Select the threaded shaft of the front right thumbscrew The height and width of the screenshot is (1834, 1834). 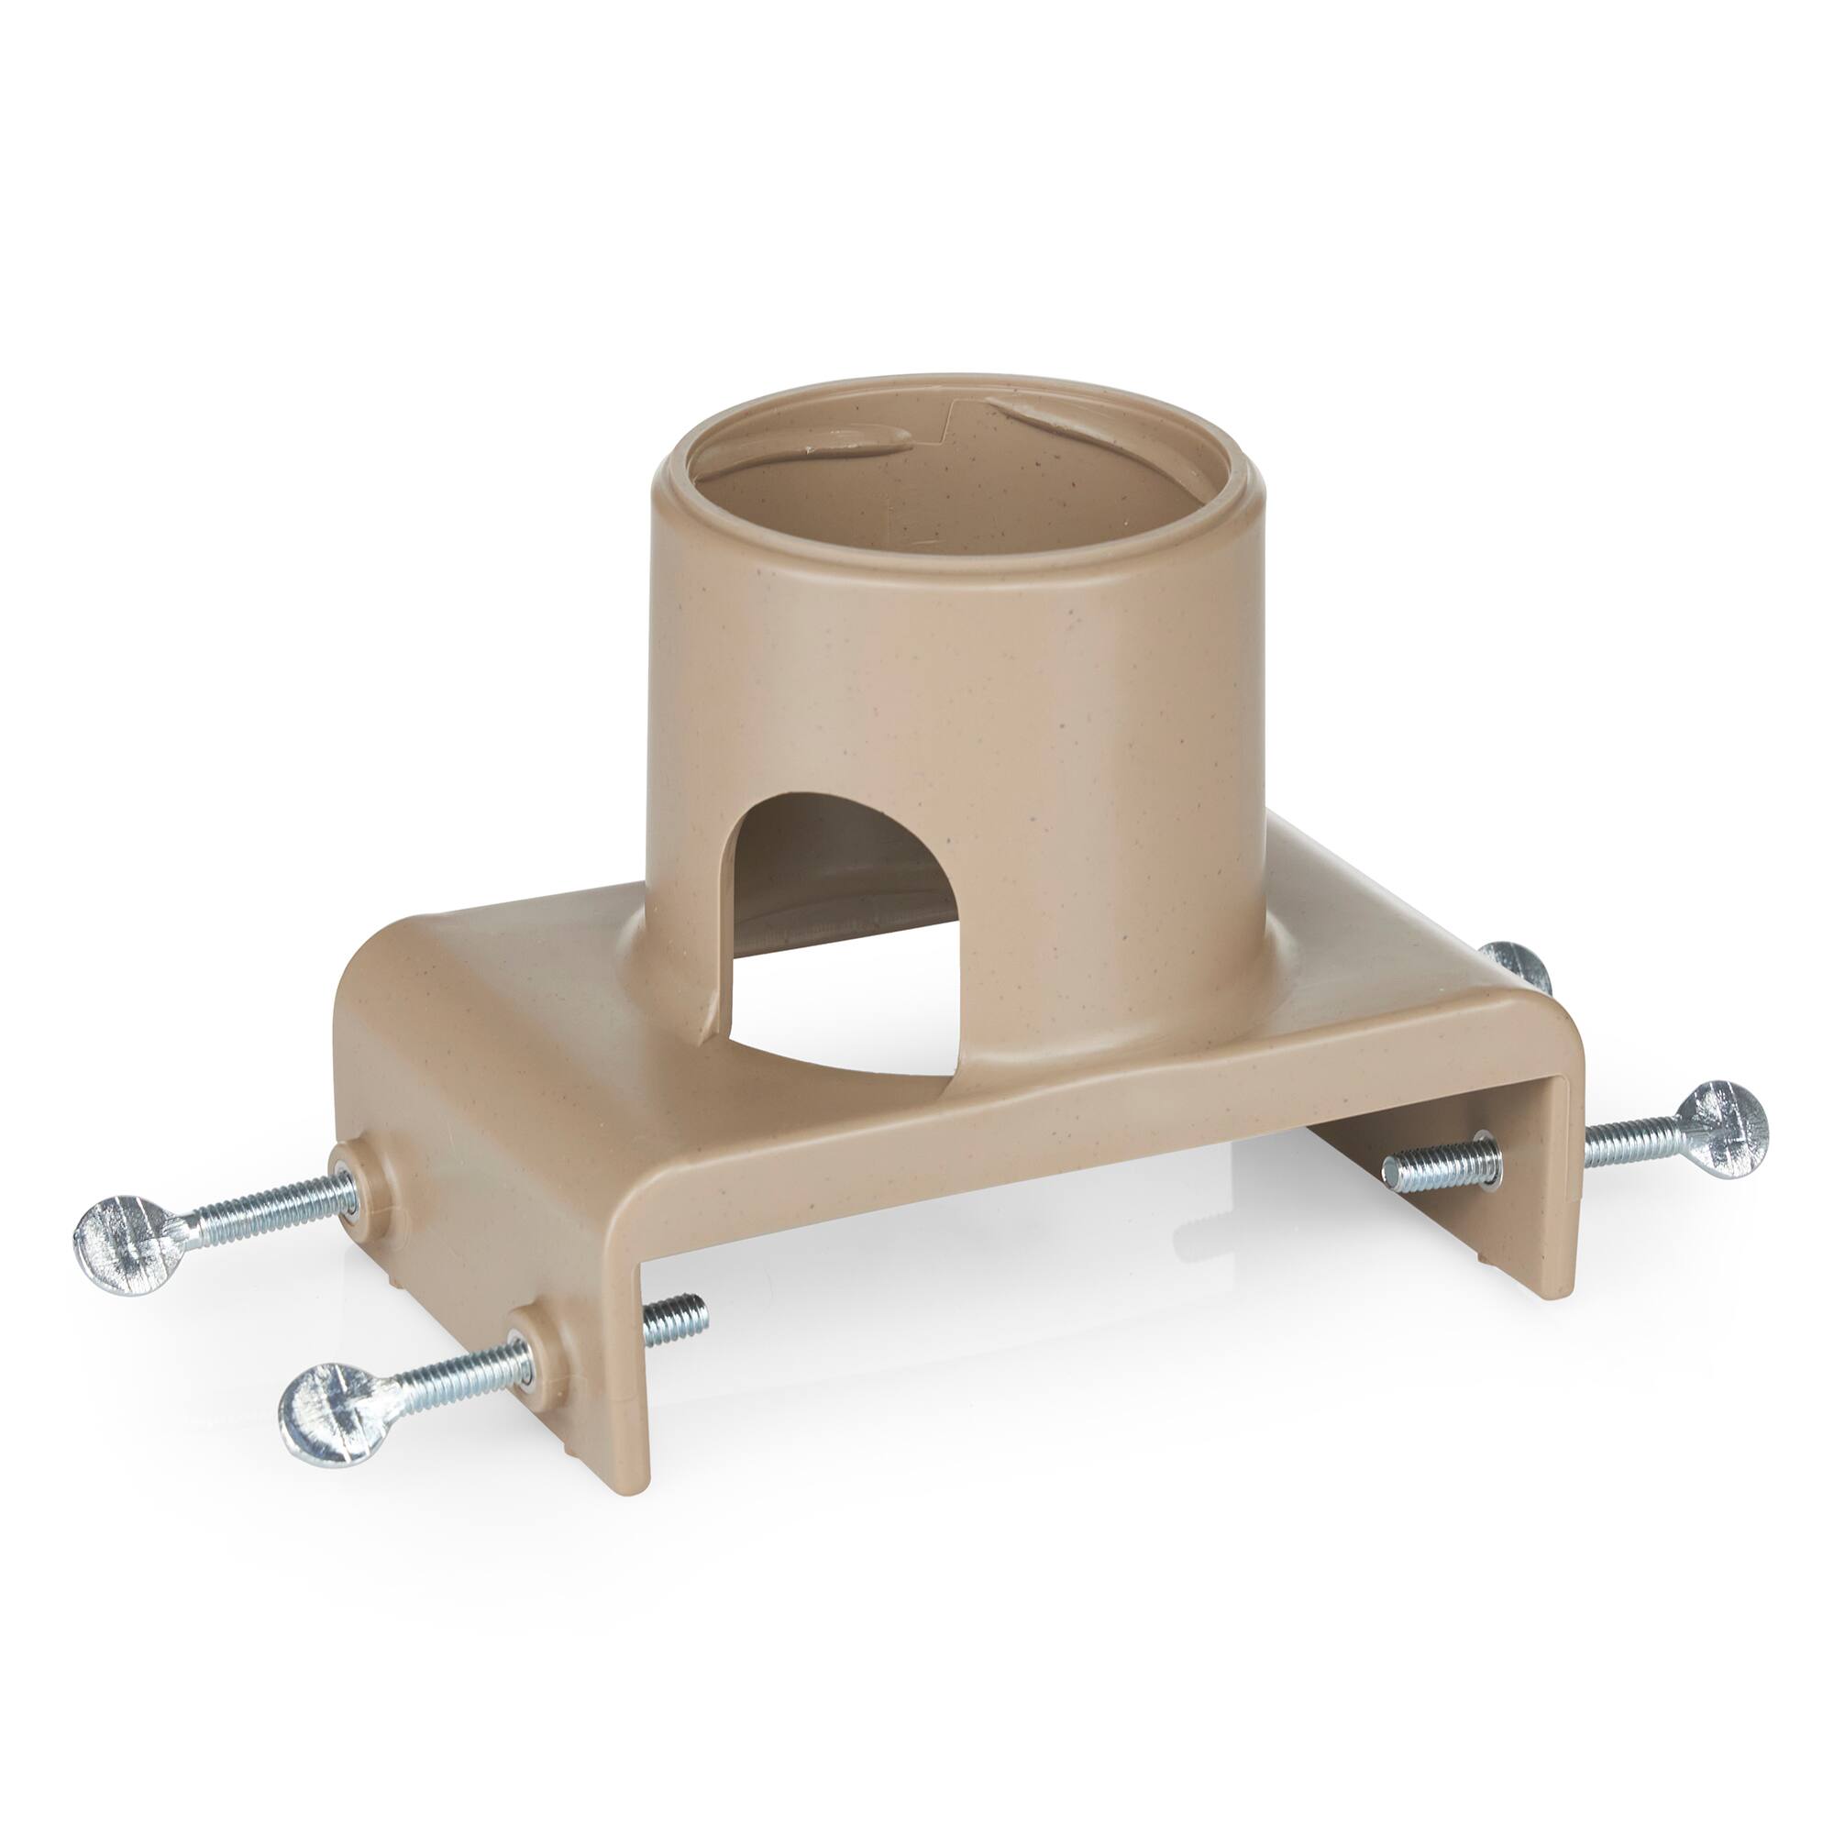tap(1628, 1142)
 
